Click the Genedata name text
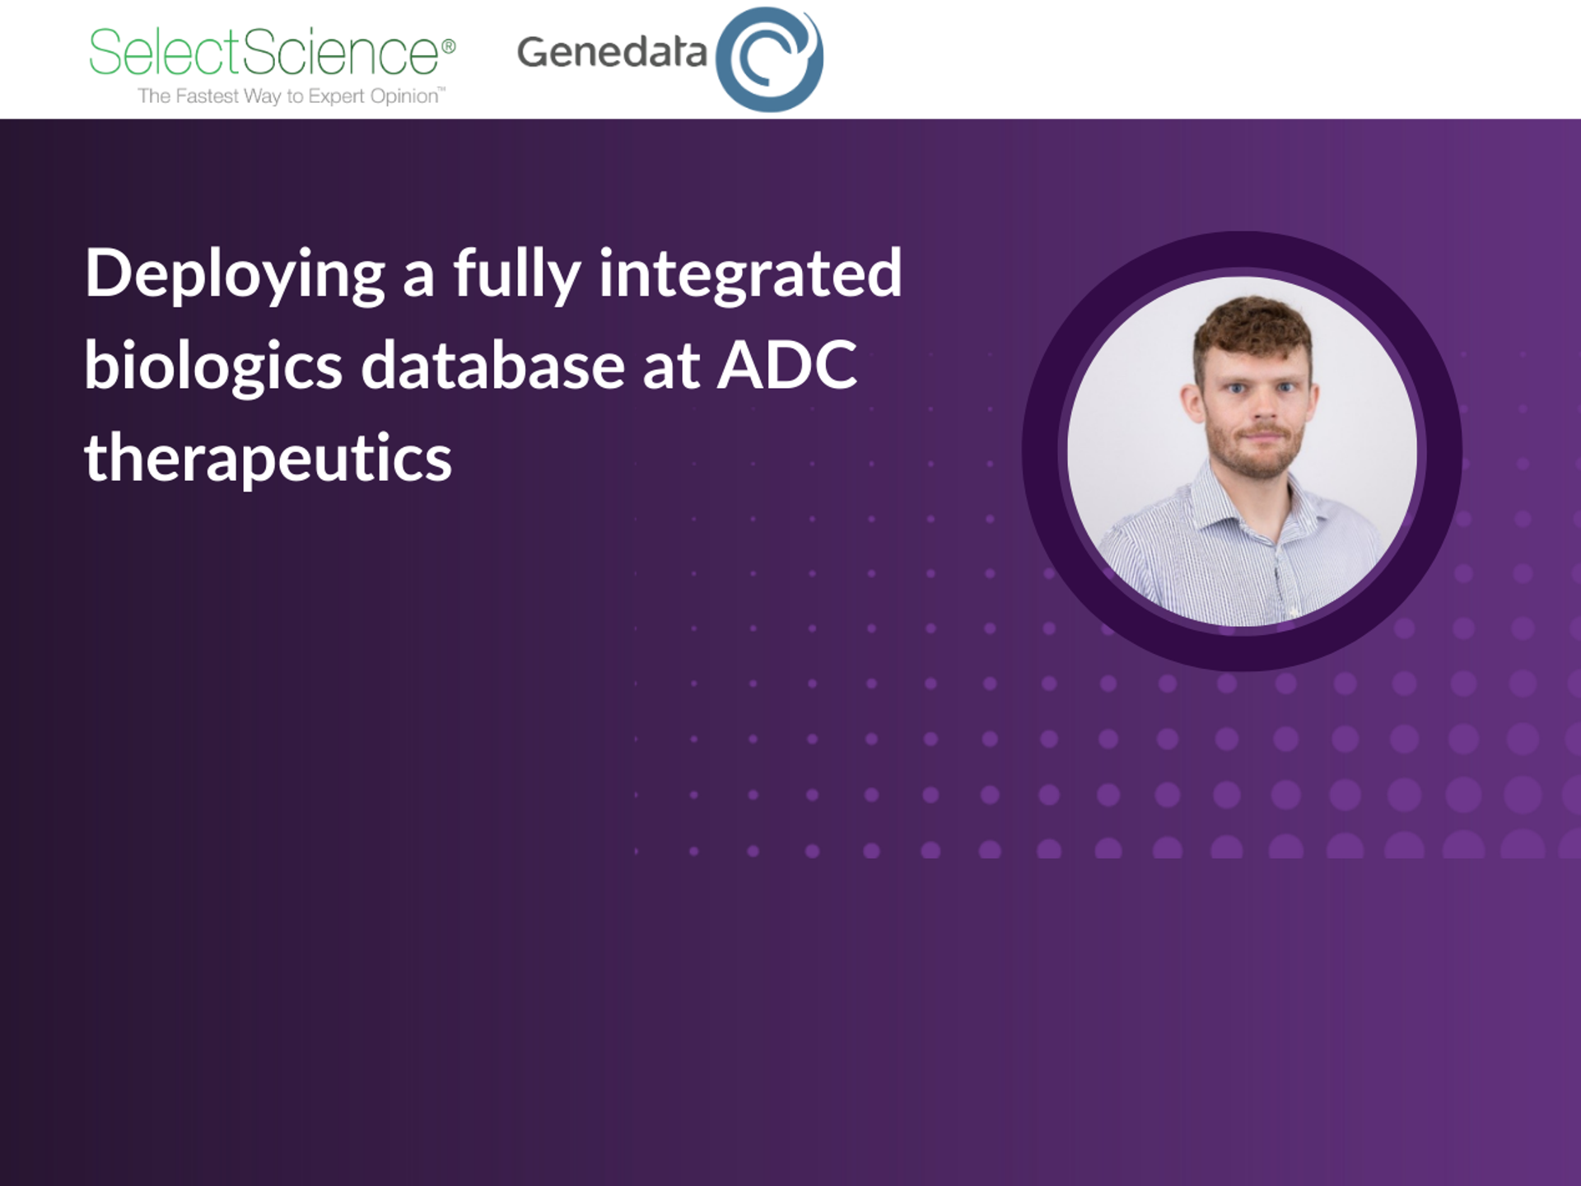(611, 52)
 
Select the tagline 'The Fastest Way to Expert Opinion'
(290, 96)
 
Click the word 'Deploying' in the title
(235, 274)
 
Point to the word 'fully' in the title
(516, 274)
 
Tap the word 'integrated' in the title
(749, 274)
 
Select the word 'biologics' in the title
(212, 366)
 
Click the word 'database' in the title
(492, 366)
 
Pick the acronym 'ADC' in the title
(787, 366)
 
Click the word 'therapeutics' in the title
(268, 458)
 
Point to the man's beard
(1256, 457)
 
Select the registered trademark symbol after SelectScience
(449, 46)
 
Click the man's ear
(1192, 404)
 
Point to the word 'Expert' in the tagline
(334, 96)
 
